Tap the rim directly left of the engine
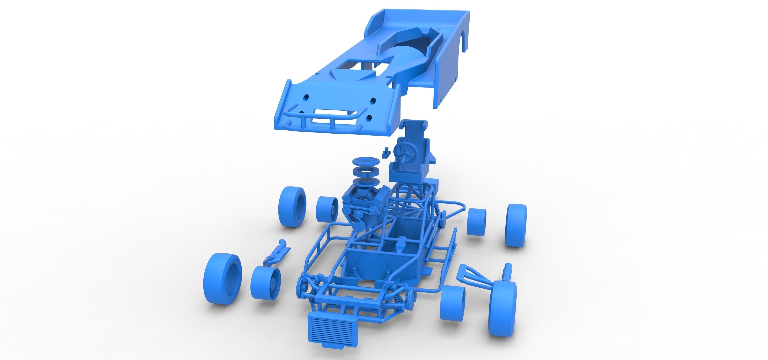[x=327, y=209]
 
